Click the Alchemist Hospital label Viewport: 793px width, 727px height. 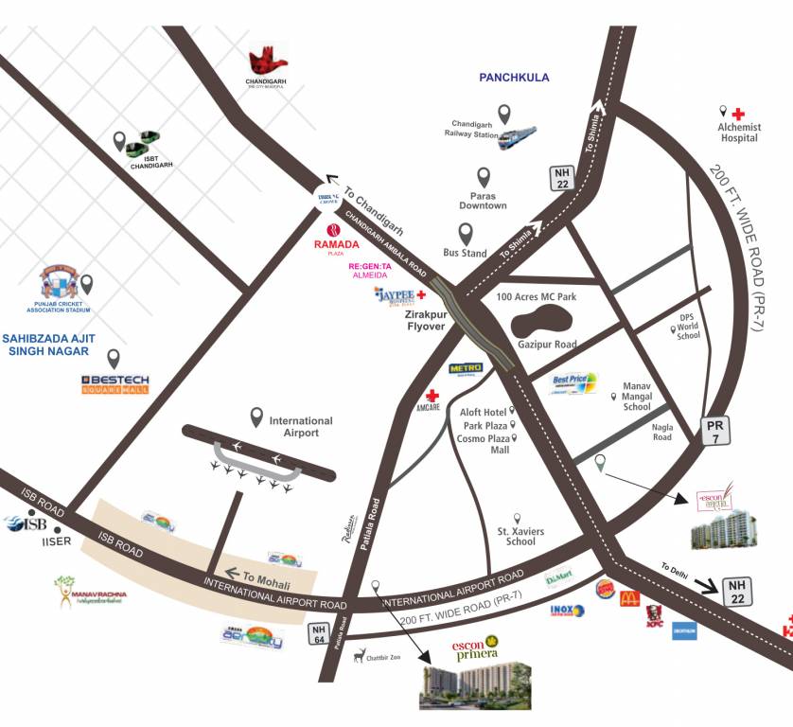click(x=738, y=133)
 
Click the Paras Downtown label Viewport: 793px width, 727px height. click(x=483, y=201)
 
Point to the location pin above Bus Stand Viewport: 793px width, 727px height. click(x=466, y=233)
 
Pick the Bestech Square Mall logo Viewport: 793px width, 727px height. click(x=115, y=384)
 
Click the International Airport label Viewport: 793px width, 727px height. click(x=301, y=427)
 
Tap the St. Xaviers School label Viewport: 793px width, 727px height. click(x=521, y=537)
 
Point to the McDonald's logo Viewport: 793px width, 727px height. click(x=629, y=597)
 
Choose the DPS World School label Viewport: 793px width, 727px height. click(x=688, y=328)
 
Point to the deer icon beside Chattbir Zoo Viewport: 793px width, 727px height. click(x=359, y=654)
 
